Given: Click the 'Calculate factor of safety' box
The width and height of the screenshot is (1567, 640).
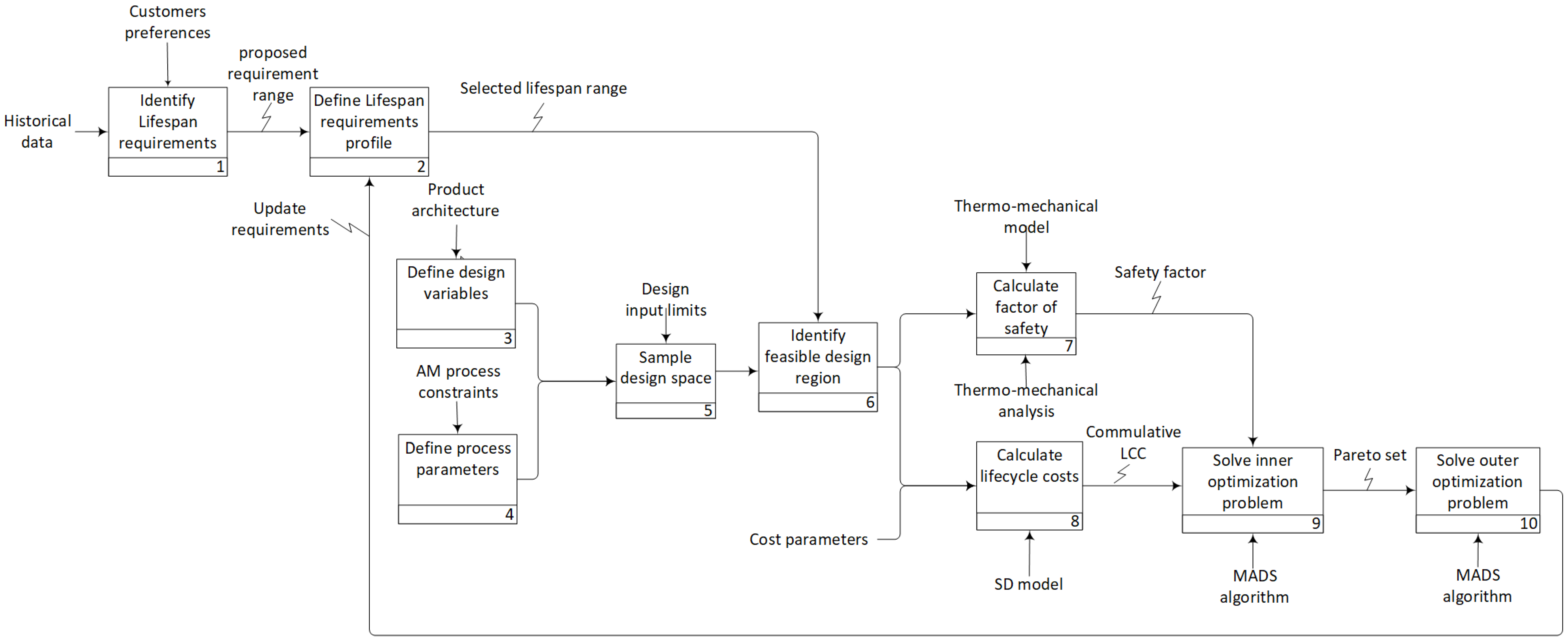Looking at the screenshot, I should (x=1025, y=307).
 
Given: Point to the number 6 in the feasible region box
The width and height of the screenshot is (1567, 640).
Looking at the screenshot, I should (x=870, y=402).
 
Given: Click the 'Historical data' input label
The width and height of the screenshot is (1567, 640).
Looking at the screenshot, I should (x=37, y=131).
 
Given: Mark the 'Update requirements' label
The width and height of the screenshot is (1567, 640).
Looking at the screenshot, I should (x=280, y=219).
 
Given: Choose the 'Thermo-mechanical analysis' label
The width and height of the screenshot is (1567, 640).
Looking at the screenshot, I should (x=1025, y=400).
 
